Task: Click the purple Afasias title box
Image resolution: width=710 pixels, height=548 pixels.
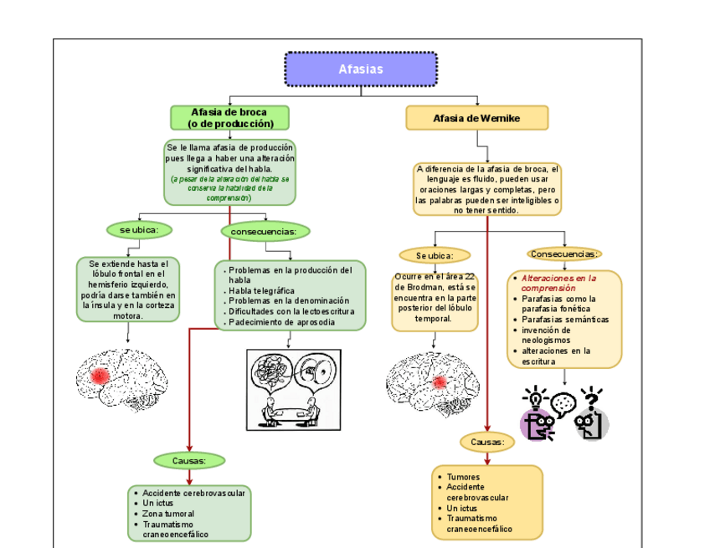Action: tap(361, 69)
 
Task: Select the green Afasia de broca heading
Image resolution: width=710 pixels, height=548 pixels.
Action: tap(230, 118)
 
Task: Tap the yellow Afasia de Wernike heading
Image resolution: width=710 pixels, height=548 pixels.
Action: tap(476, 118)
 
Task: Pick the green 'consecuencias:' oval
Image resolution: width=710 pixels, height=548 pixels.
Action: tap(265, 231)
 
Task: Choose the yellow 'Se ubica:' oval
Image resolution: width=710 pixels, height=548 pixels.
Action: tap(435, 255)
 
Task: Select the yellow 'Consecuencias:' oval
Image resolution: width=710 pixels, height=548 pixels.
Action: tap(564, 254)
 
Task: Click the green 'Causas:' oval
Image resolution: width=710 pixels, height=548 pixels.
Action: tap(189, 460)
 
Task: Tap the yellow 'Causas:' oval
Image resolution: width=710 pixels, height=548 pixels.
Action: tap(486, 441)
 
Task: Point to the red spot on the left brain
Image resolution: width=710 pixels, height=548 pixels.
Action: tap(100, 376)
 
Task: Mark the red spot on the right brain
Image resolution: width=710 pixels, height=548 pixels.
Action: tap(439, 382)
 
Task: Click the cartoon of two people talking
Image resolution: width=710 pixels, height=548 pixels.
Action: tap(290, 387)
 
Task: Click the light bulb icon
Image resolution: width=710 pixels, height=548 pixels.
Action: tap(532, 396)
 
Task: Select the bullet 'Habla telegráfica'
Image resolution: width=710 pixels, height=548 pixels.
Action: tap(261, 291)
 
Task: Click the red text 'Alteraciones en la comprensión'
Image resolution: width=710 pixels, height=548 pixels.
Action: tap(559, 283)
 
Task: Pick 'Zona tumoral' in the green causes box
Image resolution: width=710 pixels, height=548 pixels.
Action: tap(168, 514)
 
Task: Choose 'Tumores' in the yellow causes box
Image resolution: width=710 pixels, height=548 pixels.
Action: tap(463, 477)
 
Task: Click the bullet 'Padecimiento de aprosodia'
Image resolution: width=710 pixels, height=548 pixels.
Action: tap(281, 322)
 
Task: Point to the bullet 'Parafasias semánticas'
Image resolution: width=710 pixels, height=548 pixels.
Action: tap(565, 320)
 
